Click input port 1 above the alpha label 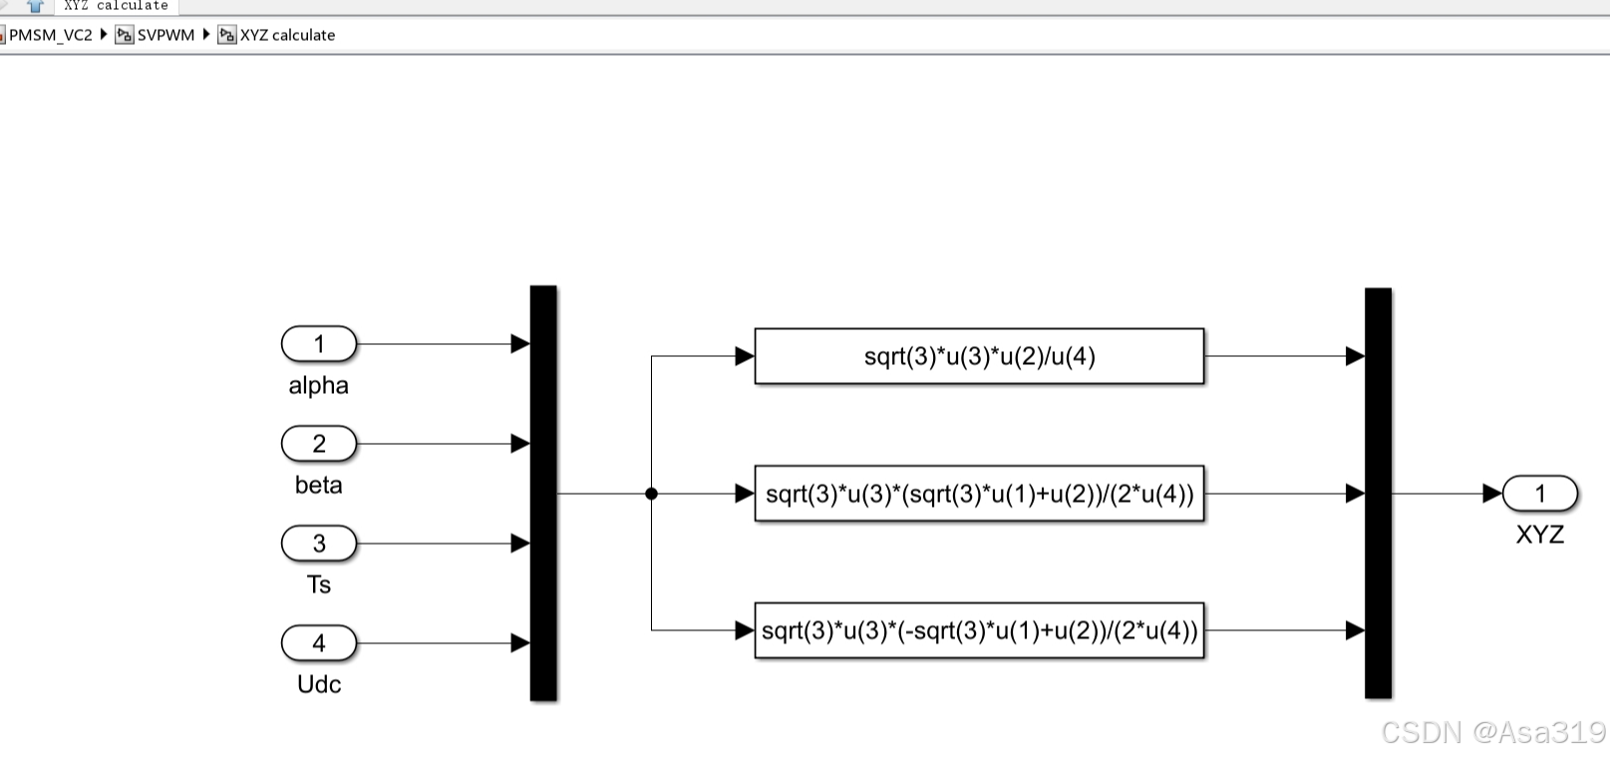[319, 344]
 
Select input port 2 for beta [319, 444]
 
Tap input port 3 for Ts [319, 544]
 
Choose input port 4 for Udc [319, 643]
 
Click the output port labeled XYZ [1539, 494]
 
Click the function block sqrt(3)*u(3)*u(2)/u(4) [979, 356]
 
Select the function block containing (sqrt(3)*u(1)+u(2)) [979, 494]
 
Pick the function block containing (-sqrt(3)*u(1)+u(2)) [979, 630]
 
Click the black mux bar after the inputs [543, 494]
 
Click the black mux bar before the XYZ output [1378, 494]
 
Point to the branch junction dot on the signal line [651, 494]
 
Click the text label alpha [319, 386]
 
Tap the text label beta [319, 486]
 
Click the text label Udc [319, 685]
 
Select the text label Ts [319, 585]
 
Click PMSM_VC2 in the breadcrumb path [50, 35]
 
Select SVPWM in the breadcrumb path [165, 35]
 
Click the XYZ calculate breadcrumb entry [287, 35]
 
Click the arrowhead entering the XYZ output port [1492, 494]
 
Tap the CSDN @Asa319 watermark [1492, 733]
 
